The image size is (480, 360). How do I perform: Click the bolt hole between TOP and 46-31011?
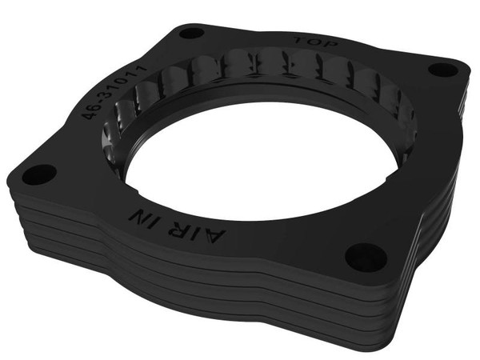click(x=191, y=34)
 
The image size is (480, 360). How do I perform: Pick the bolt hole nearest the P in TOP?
click(x=442, y=69)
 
